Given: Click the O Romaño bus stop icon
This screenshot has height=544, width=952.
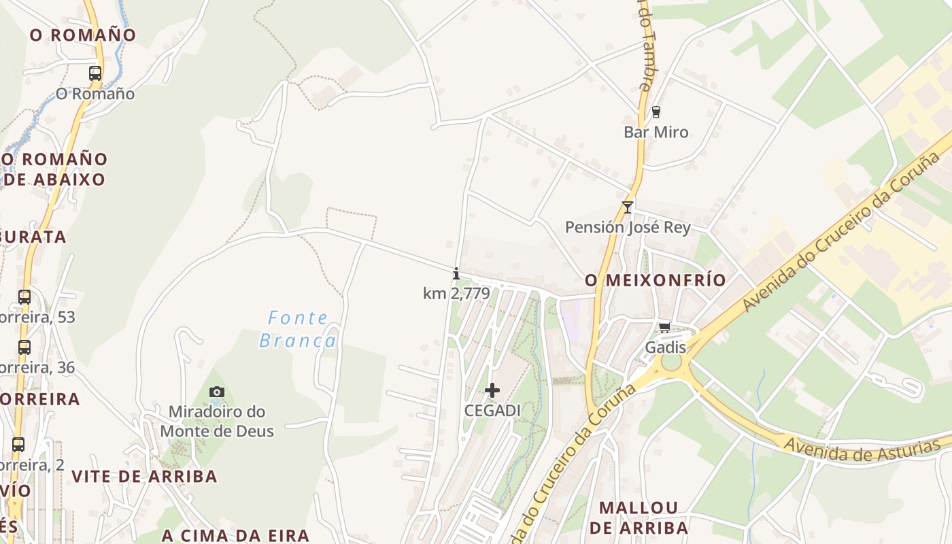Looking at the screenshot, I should click(x=95, y=73).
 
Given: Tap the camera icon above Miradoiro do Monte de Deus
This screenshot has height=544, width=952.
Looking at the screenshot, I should click(x=217, y=392).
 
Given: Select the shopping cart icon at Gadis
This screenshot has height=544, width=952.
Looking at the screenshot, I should click(x=665, y=328).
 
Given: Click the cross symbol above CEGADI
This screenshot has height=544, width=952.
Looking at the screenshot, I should click(x=492, y=390).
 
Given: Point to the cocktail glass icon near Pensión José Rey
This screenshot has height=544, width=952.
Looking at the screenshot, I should click(x=627, y=207).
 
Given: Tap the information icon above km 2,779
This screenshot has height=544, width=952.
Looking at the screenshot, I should click(x=456, y=274).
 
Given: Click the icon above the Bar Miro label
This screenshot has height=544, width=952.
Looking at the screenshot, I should click(x=656, y=112).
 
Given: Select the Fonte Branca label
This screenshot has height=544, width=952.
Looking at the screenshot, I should click(x=298, y=329).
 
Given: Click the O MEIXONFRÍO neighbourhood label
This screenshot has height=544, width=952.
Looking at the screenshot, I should click(x=656, y=280).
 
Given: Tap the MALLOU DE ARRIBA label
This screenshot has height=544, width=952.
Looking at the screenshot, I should click(x=639, y=517).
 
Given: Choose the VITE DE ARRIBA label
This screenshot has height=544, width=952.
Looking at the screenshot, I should click(x=144, y=476).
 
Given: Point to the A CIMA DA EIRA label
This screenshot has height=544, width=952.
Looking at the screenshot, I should click(x=235, y=535).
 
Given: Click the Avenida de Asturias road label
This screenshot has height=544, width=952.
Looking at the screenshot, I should click(x=862, y=449).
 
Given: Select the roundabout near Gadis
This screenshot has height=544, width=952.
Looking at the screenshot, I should click(x=671, y=362).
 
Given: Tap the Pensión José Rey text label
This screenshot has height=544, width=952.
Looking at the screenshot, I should click(x=628, y=227).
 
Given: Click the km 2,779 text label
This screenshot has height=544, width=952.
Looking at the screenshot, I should click(x=456, y=294).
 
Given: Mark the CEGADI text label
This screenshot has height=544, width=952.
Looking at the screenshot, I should click(x=492, y=411).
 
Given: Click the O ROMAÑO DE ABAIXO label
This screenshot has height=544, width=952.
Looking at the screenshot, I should click(x=54, y=169).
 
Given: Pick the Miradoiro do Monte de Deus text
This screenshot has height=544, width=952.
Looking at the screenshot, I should click(x=217, y=421).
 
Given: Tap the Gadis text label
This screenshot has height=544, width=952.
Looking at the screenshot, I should click(x=665, y=347).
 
